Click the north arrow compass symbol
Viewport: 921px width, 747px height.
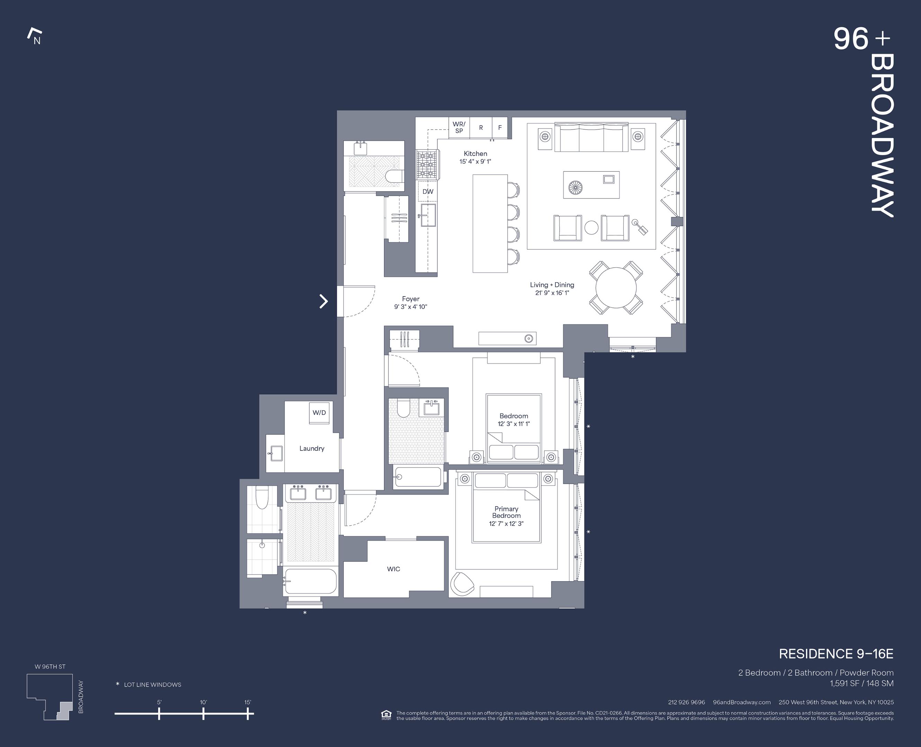[x=35, y=37]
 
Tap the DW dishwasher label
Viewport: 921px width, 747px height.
[x=427, y=192]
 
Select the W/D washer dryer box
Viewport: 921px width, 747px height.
[x=319, y=413]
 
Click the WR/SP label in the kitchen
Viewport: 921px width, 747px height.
[x=459, y=127]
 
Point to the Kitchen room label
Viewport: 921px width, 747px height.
[x=475, y=154]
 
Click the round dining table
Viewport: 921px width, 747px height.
[x=616, y=288]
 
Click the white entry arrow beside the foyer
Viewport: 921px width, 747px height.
[x=323, y=301]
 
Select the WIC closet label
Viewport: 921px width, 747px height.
[x=393, y=569]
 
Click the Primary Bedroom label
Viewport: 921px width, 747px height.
[x=506, y=512]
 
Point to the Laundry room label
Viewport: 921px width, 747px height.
[x=312, y=448]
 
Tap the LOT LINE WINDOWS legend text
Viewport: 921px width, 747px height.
[x=152, y=685]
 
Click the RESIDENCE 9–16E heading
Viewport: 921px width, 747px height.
[x=836, y=654]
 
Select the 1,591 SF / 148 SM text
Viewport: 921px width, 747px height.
[x=861, y=683]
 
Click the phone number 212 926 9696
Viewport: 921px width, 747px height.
[x=686, y=702]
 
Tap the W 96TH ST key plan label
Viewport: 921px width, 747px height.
[x=50, y=666]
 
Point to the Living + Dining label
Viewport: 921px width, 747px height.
[x=552, y=285]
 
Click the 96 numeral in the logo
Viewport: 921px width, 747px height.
[x=850, y=39]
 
